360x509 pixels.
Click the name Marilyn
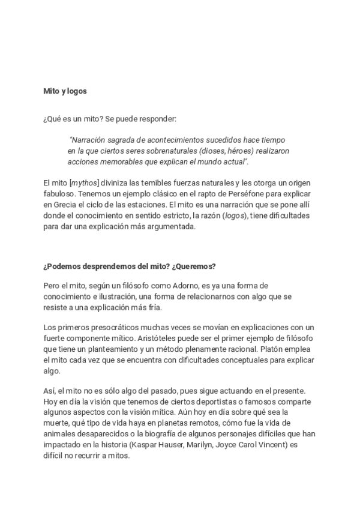[x=193, y=444]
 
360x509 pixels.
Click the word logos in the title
[x=77, y=92]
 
